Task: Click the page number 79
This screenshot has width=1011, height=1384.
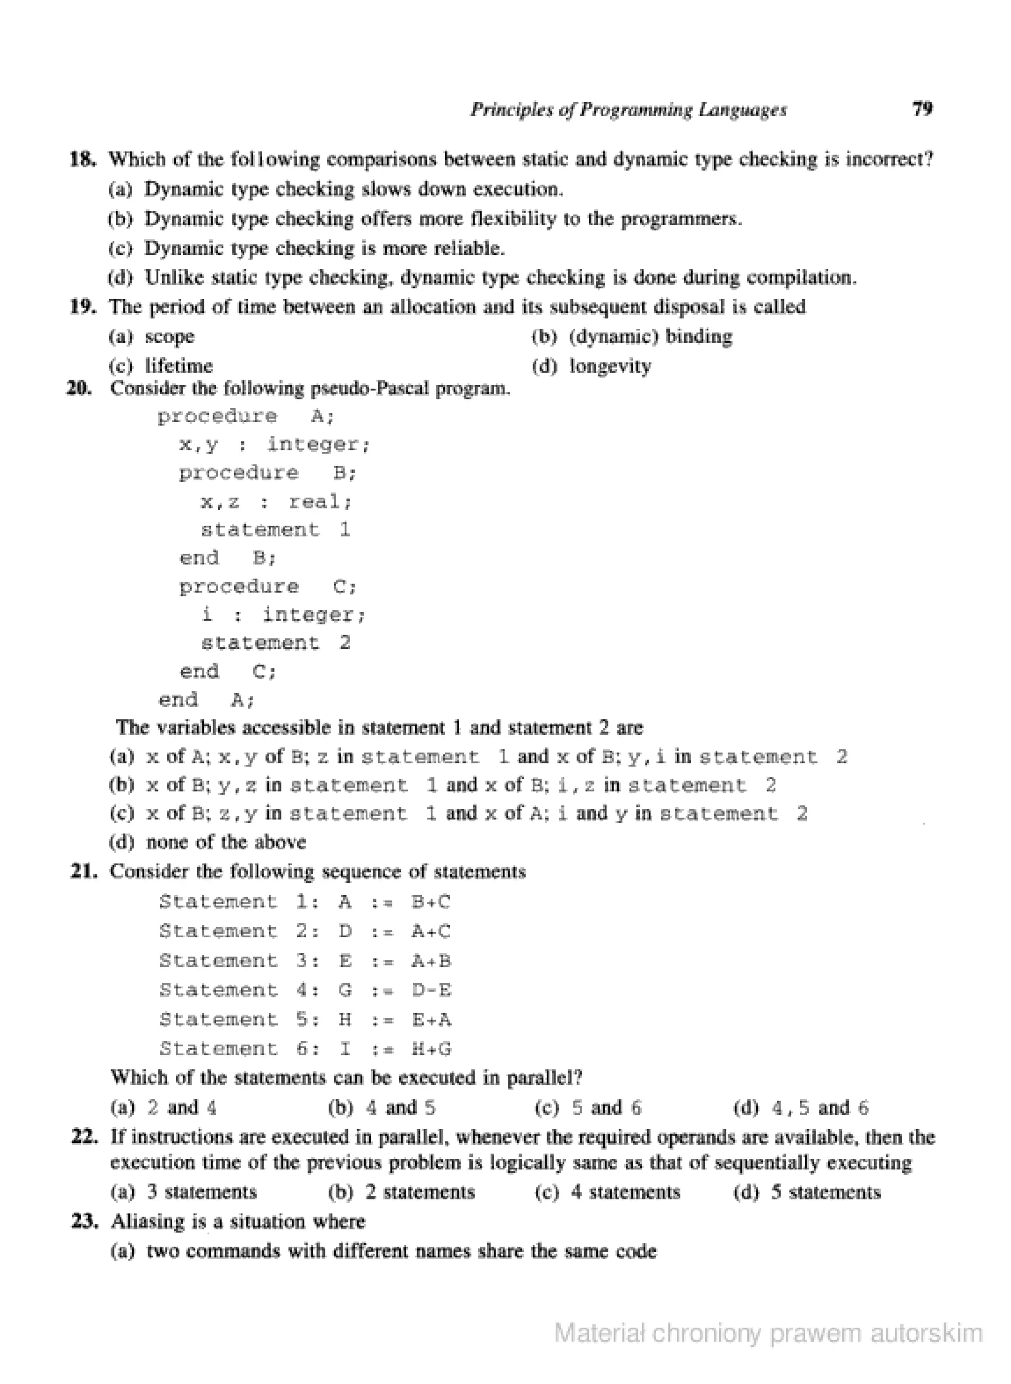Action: (922, 109)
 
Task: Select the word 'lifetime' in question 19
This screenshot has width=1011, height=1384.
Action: (179, 366)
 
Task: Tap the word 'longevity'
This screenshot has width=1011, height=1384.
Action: (610, 366)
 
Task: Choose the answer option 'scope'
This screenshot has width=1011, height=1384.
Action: (169, 337)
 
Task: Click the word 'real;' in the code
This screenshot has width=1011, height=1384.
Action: (321, 502)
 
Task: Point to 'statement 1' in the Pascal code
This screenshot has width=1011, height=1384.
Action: (275, 530)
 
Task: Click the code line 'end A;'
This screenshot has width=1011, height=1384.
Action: (206, 700)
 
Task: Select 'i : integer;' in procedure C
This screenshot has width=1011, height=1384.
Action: (283, 615)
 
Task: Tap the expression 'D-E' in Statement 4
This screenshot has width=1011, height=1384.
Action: (431, 990)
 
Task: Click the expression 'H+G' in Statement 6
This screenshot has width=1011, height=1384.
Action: (431, 1049)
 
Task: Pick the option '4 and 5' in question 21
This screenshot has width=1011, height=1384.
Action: (401, 1108)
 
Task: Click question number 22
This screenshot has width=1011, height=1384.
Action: (84, 1137)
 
